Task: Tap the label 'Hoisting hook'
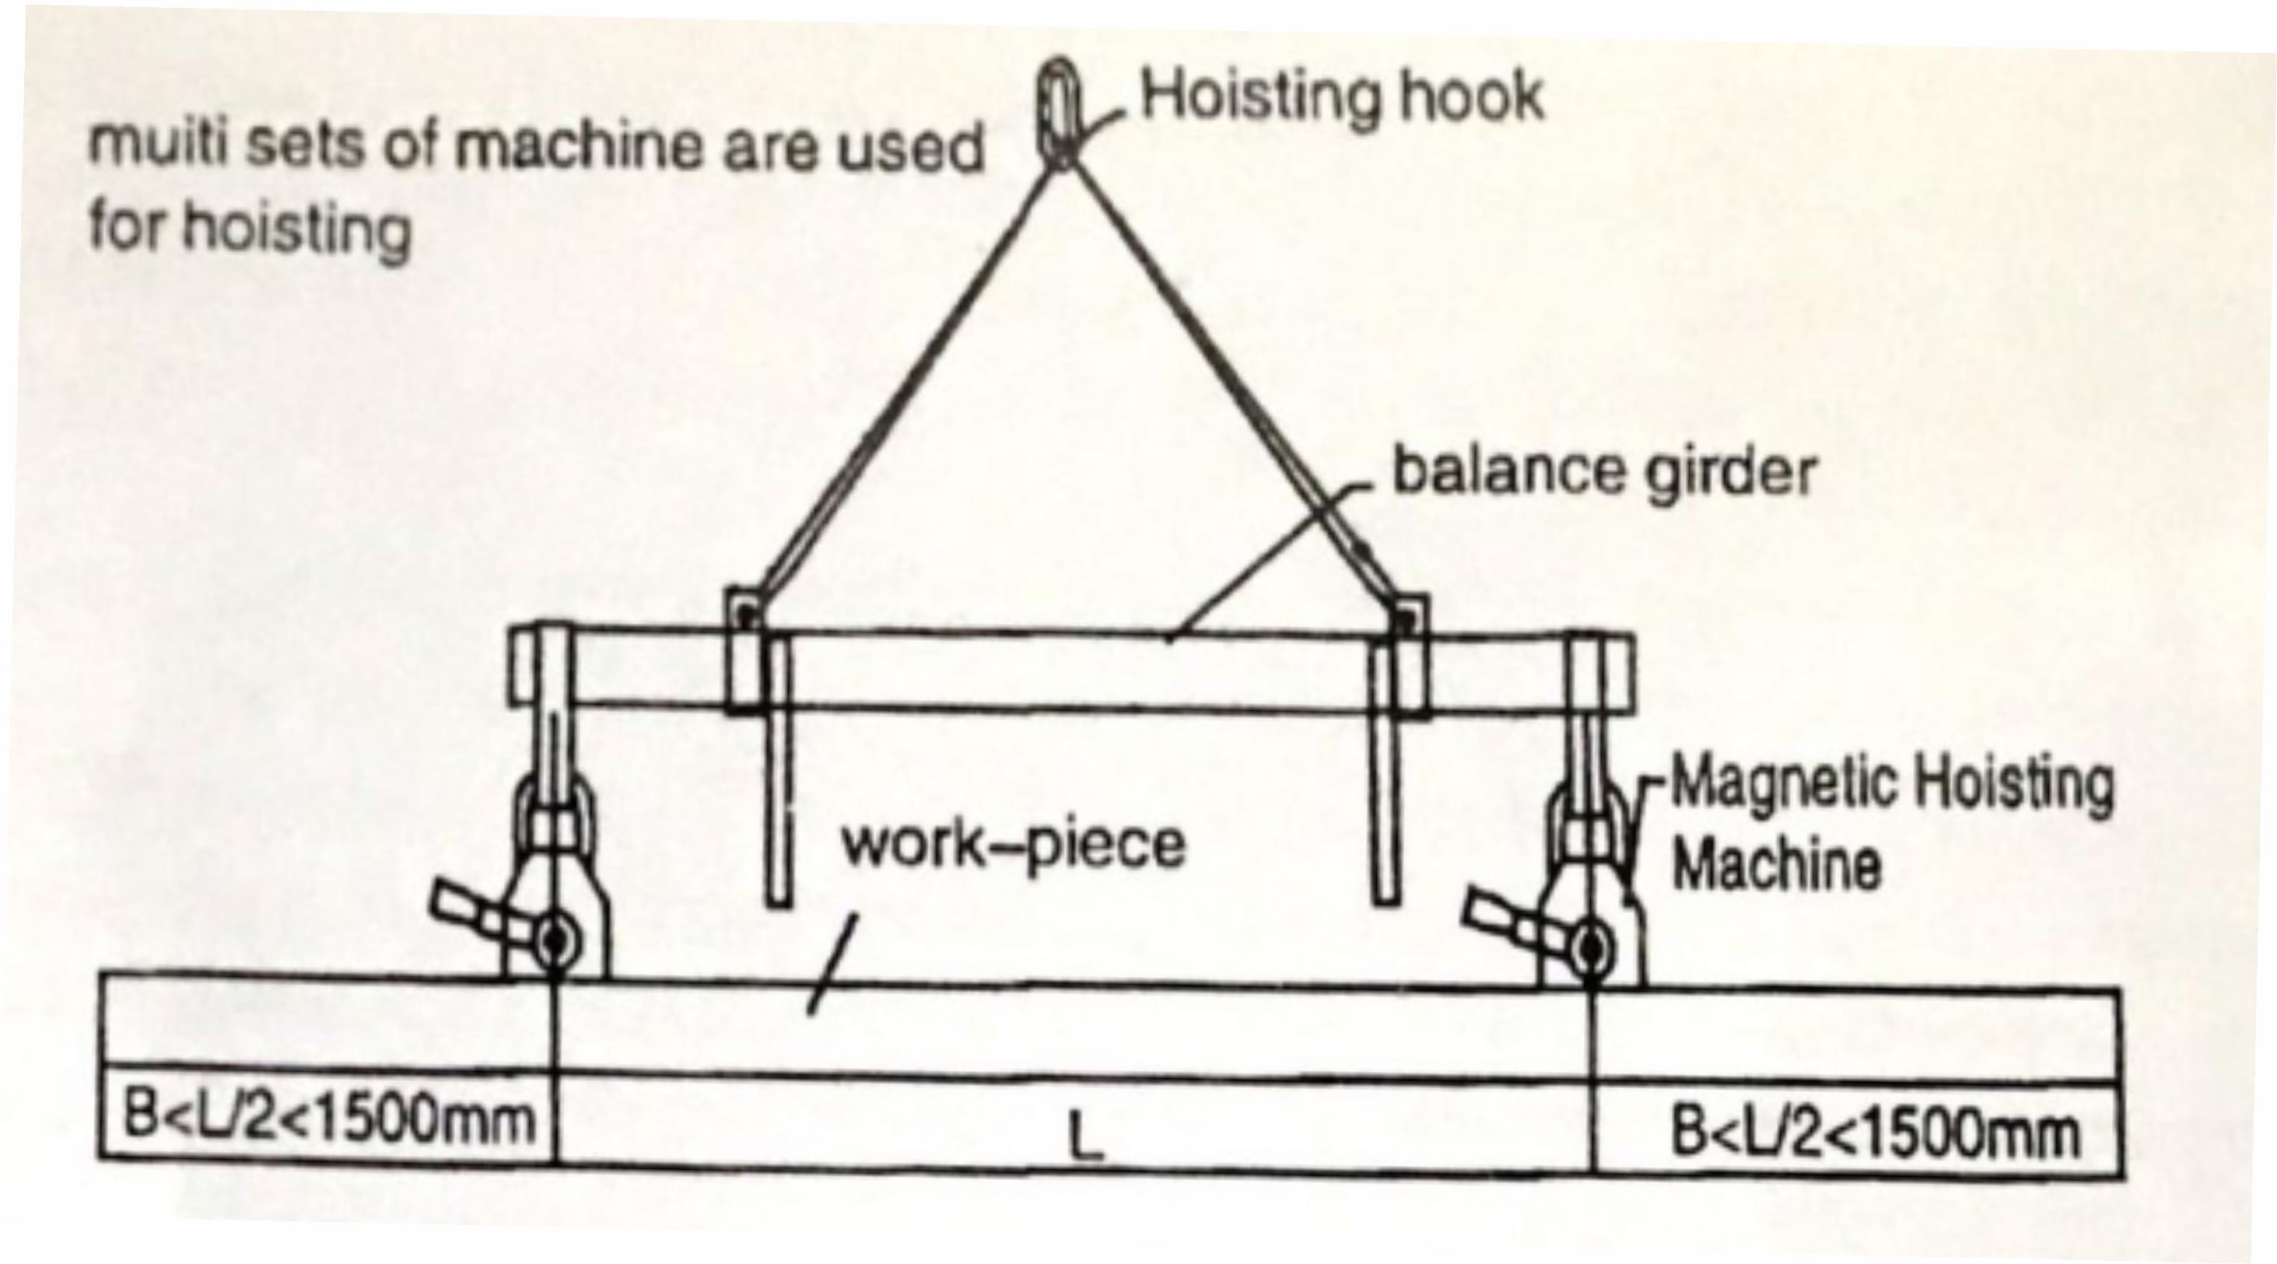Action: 1342,97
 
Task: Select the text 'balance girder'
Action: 1603,472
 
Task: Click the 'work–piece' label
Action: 1013,844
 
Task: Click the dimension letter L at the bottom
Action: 1085,1136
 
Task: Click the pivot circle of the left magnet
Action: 555,942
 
